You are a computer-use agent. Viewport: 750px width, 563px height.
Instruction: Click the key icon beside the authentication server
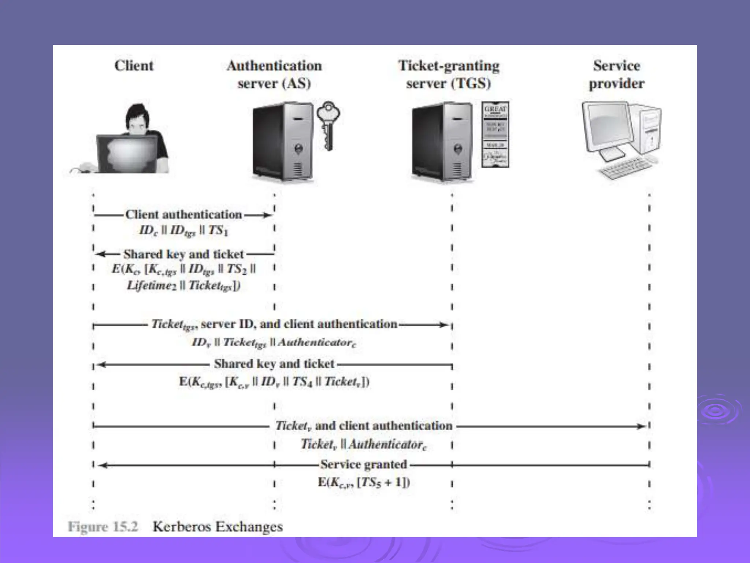tap(328, 125)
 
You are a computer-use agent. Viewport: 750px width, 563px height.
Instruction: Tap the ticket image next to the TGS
tap(495, 135)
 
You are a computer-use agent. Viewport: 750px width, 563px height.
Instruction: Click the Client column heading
tap(134, 66)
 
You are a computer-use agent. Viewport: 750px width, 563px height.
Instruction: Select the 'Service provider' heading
tap(617, 74)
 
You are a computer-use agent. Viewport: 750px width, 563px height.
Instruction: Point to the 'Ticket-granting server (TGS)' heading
tap(449, 74)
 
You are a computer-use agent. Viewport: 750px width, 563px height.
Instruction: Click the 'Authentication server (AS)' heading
tap(274, 74)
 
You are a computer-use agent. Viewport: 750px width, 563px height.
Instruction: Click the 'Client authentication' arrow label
tap(183, 214)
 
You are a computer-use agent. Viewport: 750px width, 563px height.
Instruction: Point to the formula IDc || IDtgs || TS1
tap(183, 231)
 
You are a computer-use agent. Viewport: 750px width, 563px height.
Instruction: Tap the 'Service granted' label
tap(364, 464)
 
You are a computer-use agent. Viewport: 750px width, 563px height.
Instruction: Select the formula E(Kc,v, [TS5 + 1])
tap(364, 482)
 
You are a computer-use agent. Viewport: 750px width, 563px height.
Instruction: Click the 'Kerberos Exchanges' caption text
tap(218, 527)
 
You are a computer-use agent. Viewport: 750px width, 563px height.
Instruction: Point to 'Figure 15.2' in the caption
tap(103, 527)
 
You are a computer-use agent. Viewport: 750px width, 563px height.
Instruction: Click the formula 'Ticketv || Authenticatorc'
tap(364, 445)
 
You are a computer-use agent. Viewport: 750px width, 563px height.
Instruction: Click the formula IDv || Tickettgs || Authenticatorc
tap(274, 343)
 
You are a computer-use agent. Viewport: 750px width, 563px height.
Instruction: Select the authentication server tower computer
tap(283, 141)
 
